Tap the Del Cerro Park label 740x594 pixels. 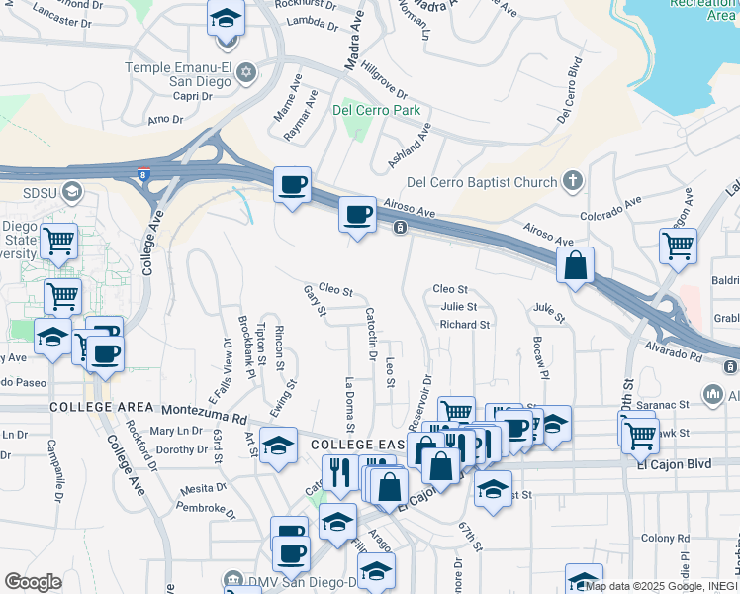click(377, 110)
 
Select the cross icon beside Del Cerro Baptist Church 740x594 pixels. click(572, 181)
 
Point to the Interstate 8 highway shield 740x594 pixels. click(145, 175)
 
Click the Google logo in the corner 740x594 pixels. click(33, 582)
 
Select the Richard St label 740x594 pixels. click(465, 324)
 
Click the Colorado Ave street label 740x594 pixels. click(610, 206)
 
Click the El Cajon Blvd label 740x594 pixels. click(675, 462)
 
